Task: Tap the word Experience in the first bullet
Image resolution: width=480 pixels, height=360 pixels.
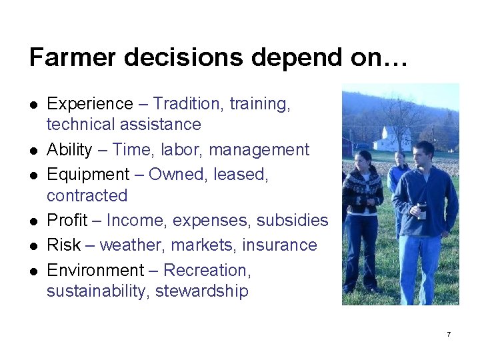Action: tap(90, 104)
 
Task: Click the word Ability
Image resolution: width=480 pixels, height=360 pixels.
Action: tap(69, 149)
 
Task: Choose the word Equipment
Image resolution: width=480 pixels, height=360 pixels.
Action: tap(88, 175)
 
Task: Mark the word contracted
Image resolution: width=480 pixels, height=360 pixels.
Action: tap(87, 195)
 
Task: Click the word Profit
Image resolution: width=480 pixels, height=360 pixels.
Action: tap(67, 220)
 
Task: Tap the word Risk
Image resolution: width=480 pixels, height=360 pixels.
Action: tap(64, 245)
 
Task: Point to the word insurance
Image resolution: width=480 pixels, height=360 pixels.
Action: tap(279, 245)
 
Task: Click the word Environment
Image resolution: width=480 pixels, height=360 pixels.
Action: tap(95, 270)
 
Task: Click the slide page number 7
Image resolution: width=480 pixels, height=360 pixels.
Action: tap(449, 333)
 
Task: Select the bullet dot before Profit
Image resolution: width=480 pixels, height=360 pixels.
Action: tap(33, 221)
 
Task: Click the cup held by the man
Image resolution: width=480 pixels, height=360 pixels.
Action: tap(422, 212)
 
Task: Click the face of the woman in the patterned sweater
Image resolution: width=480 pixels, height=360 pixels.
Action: tap(364, 162)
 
